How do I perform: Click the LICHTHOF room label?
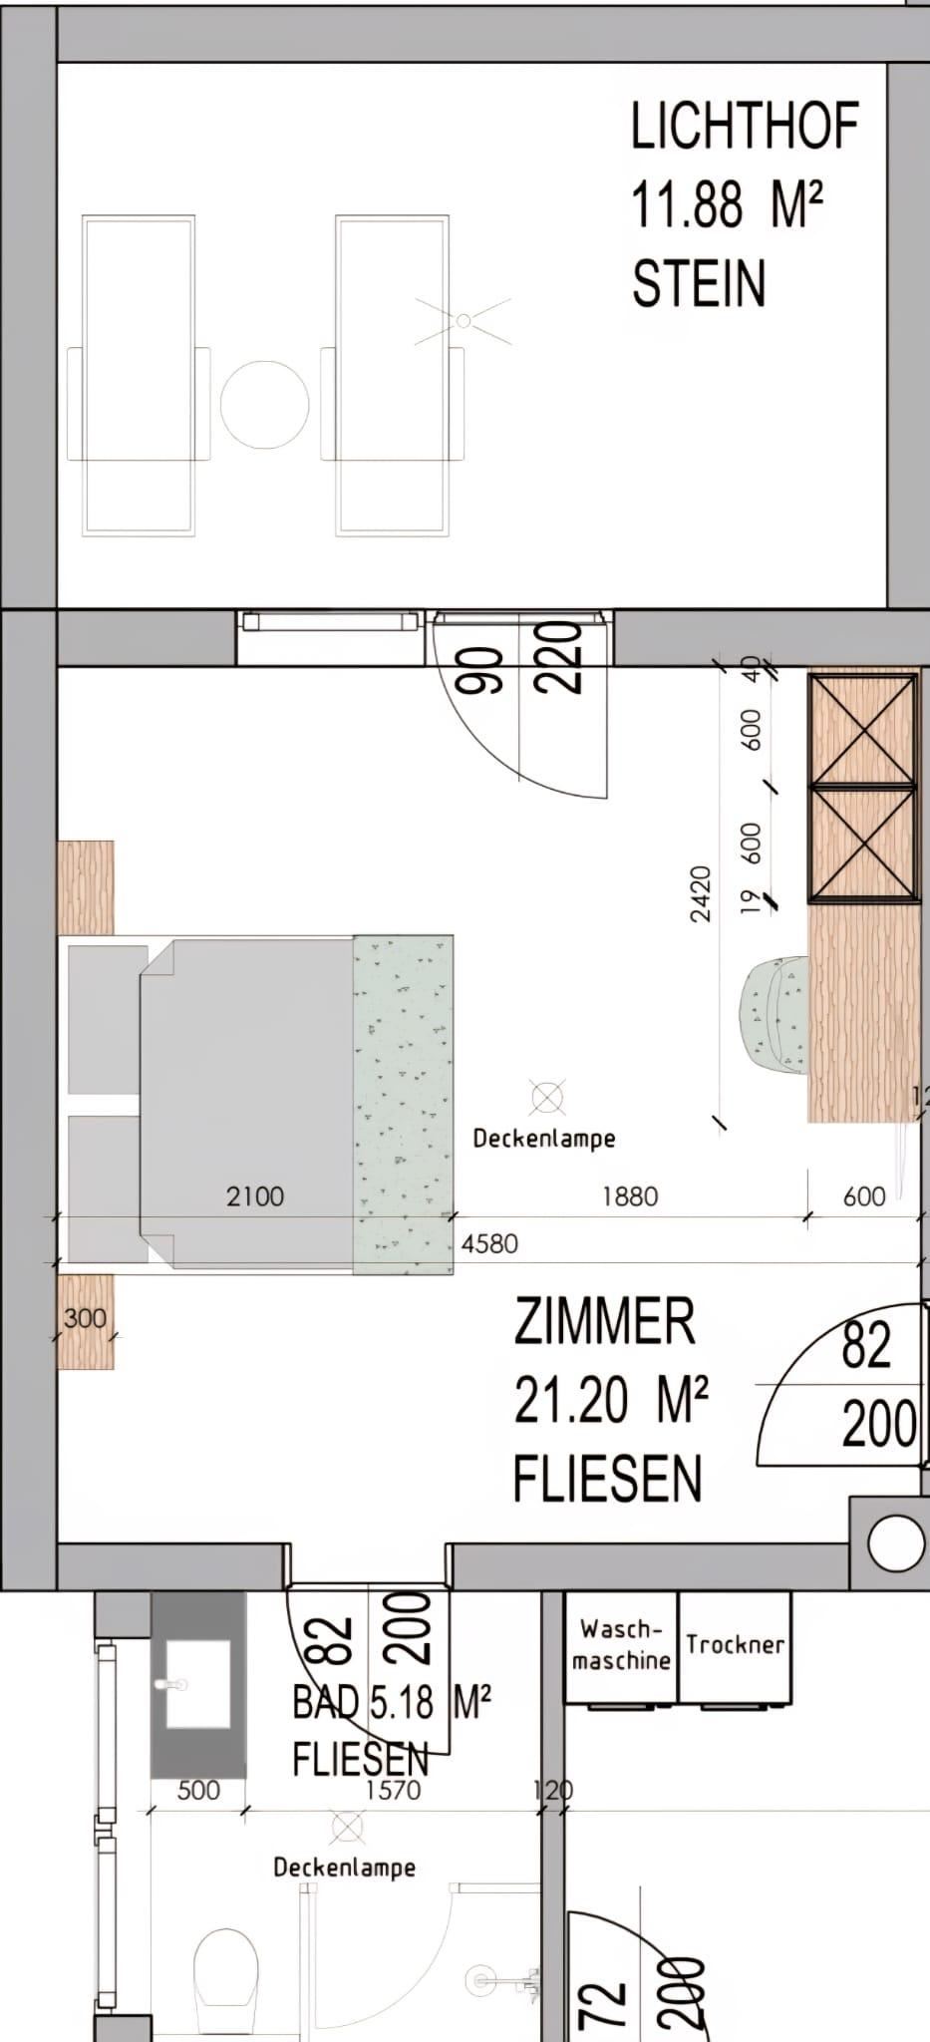745,127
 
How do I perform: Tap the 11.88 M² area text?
727,204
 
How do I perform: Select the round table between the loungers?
264,405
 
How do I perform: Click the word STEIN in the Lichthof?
699,282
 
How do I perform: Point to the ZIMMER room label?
604,1323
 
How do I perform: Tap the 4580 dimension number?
489,1243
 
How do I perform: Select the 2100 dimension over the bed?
255,1195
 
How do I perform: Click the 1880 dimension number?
630,1195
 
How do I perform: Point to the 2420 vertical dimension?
701,894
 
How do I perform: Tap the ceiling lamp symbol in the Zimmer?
547,1099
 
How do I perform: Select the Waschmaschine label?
621,1644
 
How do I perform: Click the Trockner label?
735,1644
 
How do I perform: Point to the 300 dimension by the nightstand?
85,1318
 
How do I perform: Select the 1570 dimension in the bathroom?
393,1790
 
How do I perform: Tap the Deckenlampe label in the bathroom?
344,1868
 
